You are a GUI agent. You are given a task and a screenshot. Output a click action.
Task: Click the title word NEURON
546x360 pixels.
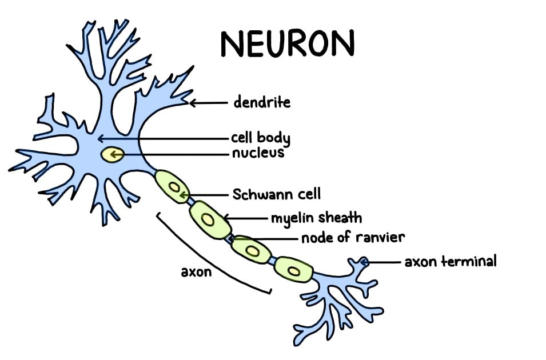[x=287, y=43]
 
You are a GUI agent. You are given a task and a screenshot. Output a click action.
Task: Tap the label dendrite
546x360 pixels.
[x=262, y=103]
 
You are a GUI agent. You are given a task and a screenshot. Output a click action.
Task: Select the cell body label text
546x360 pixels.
[x=260, y=138]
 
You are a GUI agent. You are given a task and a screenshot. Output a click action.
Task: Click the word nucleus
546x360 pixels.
[x=258, y=153]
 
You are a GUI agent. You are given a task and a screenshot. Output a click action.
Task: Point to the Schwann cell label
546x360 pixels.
[x=272, y=194]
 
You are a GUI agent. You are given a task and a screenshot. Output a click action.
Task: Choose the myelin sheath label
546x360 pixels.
[x=316, y=218]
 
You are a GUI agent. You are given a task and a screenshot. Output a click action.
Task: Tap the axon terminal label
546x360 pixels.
[x=451, y=262]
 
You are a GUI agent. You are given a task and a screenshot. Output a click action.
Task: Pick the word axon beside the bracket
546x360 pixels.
[x=196, y=271]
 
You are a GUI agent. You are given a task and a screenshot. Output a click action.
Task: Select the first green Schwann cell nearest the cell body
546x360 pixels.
[x=173, y=186]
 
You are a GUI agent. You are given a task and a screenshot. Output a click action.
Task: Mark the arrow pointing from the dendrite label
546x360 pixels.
[x=209, y=103]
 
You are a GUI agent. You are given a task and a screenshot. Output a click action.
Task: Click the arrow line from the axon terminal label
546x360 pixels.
[x=383, y=262]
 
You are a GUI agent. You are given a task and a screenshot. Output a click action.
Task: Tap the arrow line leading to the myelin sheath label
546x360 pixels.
[x=246, y=218]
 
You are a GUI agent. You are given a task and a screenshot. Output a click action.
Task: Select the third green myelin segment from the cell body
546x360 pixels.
[x=251, y=249]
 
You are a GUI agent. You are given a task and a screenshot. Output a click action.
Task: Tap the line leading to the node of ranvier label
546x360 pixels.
[x=269, y=238]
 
